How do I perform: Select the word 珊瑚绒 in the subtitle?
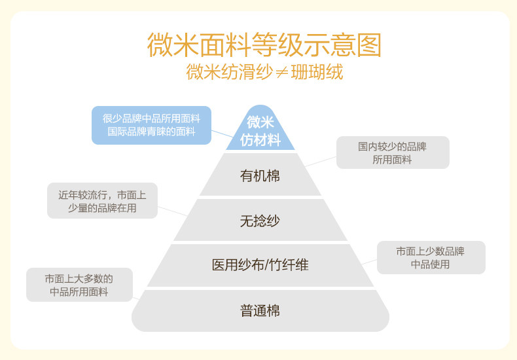(317, 72)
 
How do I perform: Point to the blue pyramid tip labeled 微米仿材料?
(260, 130)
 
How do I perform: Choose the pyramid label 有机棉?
(260, 175)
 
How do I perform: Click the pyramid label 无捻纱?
(260, 221)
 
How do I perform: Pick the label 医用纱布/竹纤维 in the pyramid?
(260, 265)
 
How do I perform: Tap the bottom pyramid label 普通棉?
(260, 311)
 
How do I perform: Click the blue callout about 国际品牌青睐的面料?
(151, 125)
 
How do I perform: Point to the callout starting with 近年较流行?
(102, 200)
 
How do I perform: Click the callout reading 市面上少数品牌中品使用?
(431, 257)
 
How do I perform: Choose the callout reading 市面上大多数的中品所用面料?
(79, 285)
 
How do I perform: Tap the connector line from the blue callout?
(223, 134)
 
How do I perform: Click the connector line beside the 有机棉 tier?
(321, 160)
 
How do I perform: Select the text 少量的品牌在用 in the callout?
(102, 208)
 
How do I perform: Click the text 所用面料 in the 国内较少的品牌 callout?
(392, 160)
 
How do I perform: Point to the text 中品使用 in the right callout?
(431, 264)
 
